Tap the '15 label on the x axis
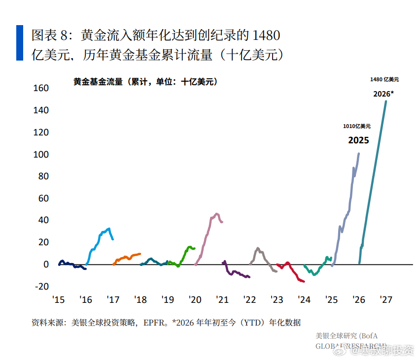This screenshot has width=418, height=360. [59, 300]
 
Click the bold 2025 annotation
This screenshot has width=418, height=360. [358, 140]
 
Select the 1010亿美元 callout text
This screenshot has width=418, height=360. [357, 127]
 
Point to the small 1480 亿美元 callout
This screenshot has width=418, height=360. [384, 79]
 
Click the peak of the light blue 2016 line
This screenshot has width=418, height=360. [109, 229]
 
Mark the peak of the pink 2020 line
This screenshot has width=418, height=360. [217, 214]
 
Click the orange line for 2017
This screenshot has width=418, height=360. [127, 258]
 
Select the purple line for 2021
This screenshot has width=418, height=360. [237, 273]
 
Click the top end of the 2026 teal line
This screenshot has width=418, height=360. [385, 101]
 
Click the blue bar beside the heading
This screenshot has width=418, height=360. [19, 43]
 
